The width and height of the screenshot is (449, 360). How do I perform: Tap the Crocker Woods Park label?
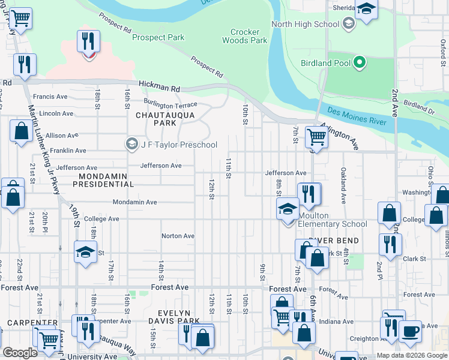(x=245, y=36)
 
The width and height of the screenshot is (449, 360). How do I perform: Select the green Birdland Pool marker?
(x=360, y=62)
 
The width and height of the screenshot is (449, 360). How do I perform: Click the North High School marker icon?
(x=348, y=24)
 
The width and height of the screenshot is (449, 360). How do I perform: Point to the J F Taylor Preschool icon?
(x=131, y=145)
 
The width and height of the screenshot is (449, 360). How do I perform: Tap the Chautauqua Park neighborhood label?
(x=156, y=118)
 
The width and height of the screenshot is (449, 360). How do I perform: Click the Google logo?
(x=20, y=353)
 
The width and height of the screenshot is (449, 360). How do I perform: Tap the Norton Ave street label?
(x=178, y=236)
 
